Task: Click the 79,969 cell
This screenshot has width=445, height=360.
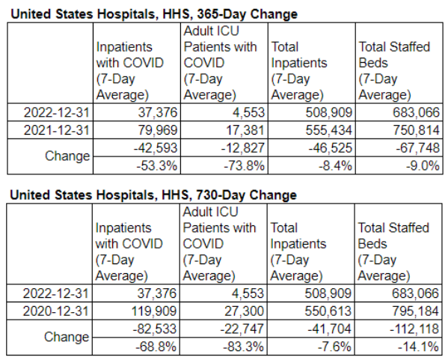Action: [x=158, y=130]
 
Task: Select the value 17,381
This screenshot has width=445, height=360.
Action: [x=245, y=130]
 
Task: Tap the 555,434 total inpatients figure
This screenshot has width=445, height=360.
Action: [x=328, y=130]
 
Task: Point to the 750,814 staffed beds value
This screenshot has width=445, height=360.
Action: [x=416, y=130]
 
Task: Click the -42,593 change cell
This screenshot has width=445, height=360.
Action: [x=156, y=148]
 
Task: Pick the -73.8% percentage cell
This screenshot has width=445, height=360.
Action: [x=244, y=165]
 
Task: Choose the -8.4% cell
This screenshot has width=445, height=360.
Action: [x=335, y=165]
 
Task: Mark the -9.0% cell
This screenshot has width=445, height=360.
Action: [x=423, y=165]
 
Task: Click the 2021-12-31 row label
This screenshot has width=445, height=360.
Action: [x=57, y=130]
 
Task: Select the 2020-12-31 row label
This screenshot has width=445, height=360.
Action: [x=55, y=311]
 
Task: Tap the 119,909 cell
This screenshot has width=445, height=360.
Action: [x=154, y=311]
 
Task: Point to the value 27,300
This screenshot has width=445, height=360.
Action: [x=244, y=311]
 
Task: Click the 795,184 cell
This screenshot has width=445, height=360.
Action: [x=415, y=311]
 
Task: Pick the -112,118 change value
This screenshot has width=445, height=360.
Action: [x=414, y=329]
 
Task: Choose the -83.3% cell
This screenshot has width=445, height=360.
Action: [x=243, y=347]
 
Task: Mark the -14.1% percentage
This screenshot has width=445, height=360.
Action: [x=418, y=347]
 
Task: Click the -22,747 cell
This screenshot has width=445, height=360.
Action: [x=242, y=329]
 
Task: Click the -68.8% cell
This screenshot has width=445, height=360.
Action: [x=156, y=347]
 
